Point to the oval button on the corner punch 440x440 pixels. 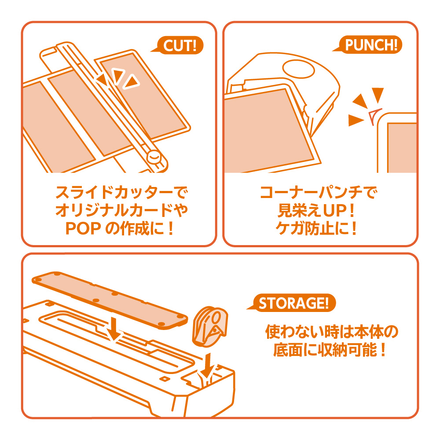coord(298,69)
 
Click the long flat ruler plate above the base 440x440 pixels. coord(110,300)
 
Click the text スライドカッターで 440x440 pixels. coord(121,192)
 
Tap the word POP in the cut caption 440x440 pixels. coord(83,228)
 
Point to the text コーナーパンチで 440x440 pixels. coord(319,193)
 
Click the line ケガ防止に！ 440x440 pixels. coord(316,228)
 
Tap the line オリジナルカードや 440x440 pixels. coord(121,210)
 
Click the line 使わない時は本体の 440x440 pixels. coord(332,332)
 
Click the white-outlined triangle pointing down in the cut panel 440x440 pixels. coord(118,75)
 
